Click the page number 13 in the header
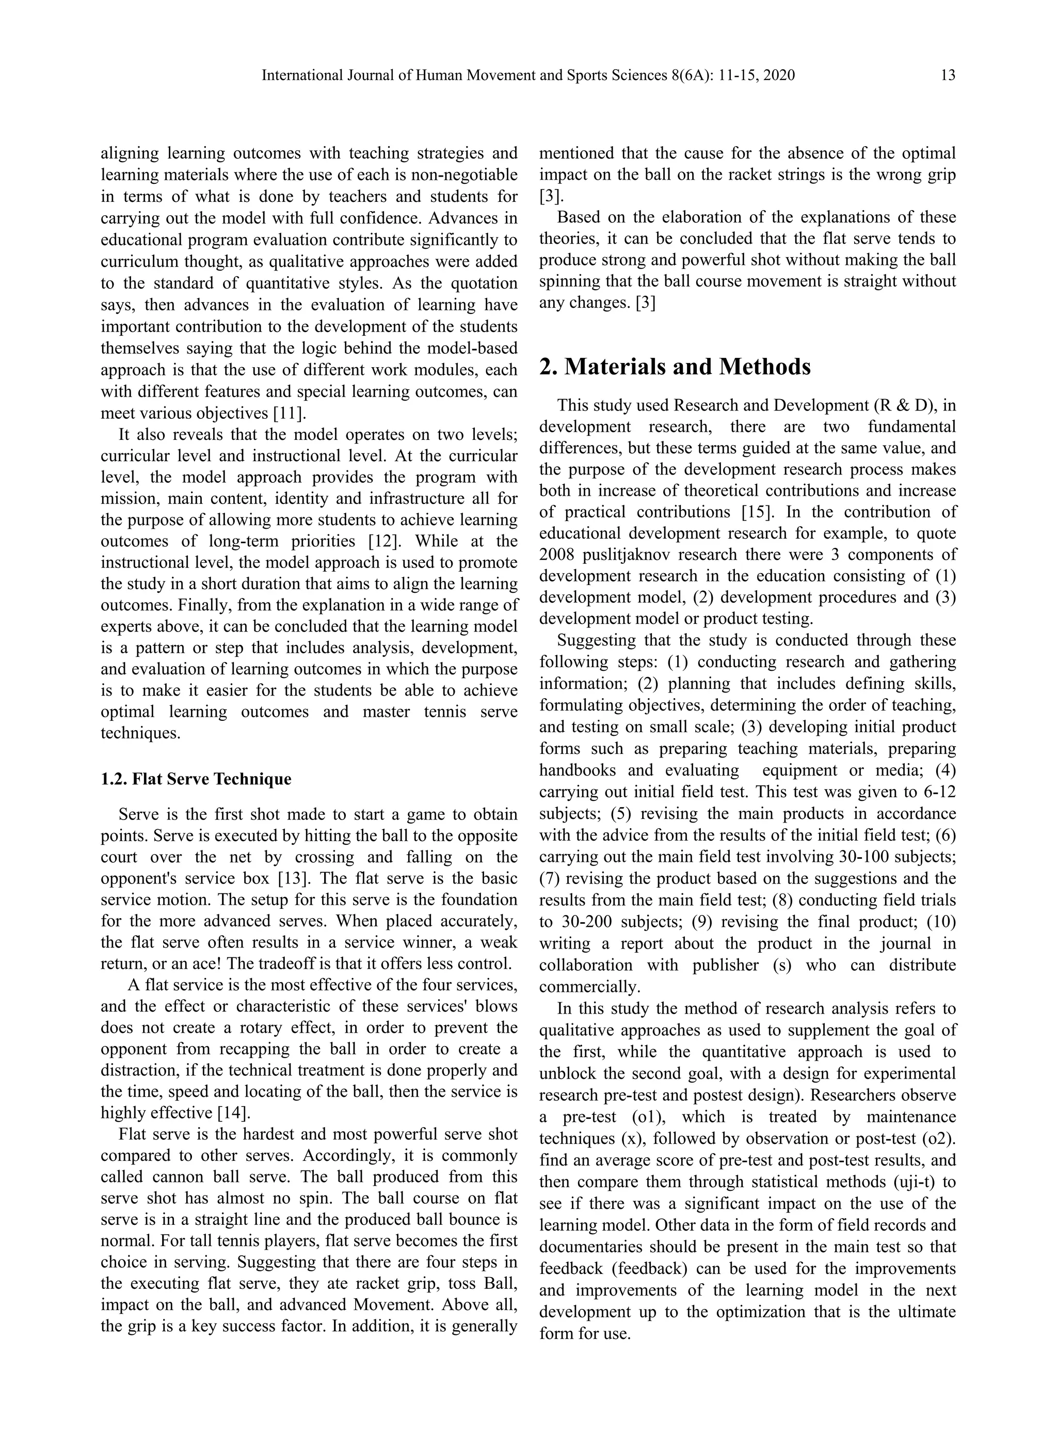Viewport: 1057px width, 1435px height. pos(948,75)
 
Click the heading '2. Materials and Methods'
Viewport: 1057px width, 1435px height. pos(675,367)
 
